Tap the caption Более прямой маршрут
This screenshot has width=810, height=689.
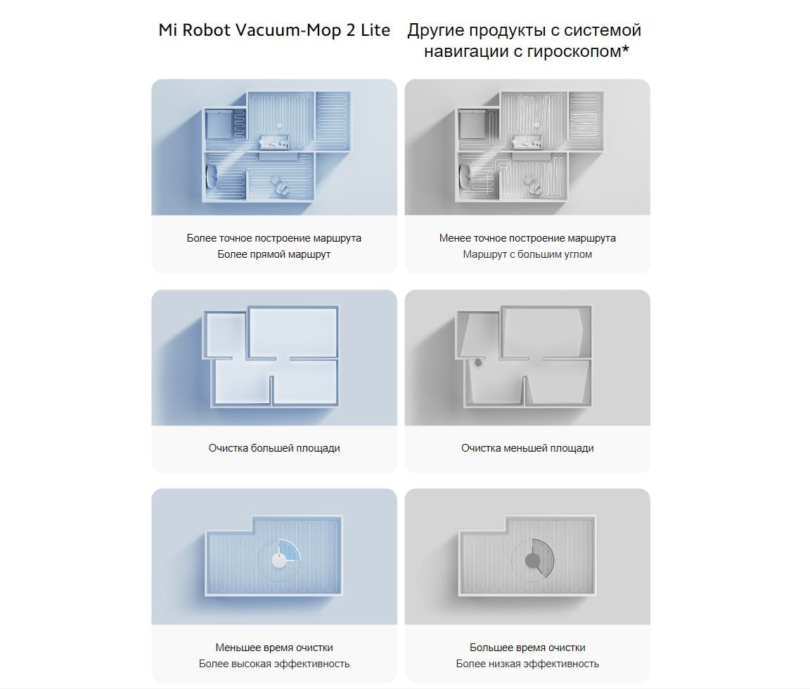click(x=274, y=254)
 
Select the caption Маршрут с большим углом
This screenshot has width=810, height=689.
click(x=527, y=254)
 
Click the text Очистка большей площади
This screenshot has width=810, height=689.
click(x=274, y=448)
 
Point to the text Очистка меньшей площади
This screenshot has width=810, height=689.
click(x=527, y=448)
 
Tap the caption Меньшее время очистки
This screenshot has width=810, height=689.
click(x=274, y=648)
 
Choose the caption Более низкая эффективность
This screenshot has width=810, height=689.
click(x=527, y=664)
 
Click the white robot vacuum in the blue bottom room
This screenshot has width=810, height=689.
click(x=278, y=560)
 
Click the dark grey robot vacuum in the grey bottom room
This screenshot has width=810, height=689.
click(x=532, y=560)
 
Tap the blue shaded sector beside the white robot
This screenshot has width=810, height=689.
click(x=290, y=550)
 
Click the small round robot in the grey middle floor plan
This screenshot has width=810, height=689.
click(x=479, y=363)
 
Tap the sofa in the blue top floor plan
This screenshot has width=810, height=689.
click(x=274, y=143)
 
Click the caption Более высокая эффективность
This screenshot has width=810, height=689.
click(x=274, y=664)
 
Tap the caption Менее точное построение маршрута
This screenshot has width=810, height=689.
click(x=527, y=238)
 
